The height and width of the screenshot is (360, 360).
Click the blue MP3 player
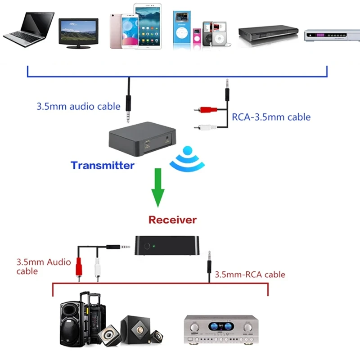181,29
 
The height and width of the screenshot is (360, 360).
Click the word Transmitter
103,165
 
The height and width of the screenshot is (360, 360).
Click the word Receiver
172,220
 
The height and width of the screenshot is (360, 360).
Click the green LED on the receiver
154,246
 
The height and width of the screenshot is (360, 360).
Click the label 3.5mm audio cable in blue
78,107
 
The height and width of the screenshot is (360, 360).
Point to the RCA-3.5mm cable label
271,117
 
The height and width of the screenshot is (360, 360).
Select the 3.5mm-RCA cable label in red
250,274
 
